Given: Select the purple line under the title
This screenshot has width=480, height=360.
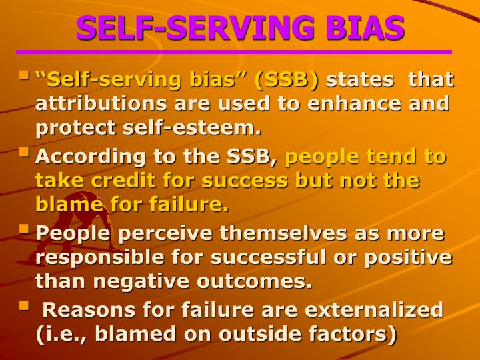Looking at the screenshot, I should (x=233, y=52).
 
